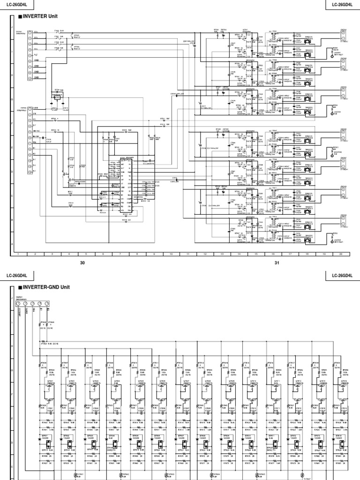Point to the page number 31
tap(277, 263)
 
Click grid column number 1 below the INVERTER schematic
tap(18, 254)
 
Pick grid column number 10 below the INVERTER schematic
tap(171, 254)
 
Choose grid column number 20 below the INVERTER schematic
tap(340, 254)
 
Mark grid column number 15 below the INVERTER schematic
tap(255, 254)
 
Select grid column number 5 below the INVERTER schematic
tap(86, 254)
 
